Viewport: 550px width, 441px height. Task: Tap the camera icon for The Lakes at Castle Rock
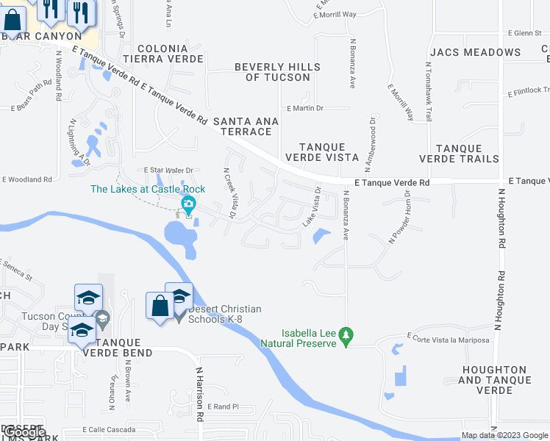(x=189, y=204)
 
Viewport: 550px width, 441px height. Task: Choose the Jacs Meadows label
(x=475, y=52)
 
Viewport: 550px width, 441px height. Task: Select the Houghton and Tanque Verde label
(x=494, y=380)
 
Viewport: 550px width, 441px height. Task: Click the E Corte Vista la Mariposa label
(x=450, y=340)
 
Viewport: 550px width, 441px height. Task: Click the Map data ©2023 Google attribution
(x=504, y=435)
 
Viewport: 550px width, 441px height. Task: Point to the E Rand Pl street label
(x=225, y=406)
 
